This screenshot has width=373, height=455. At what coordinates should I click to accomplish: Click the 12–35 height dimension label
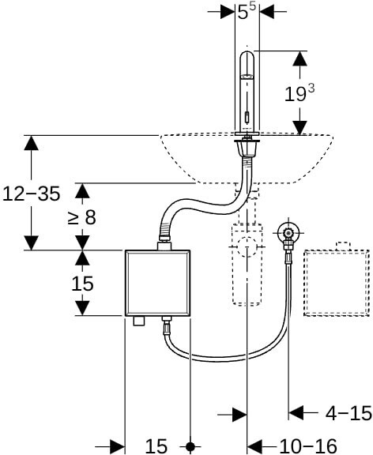(x=32, y=194)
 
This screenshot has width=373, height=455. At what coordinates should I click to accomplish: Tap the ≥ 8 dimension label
(x=82, y=217)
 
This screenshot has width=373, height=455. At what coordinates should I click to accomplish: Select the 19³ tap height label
(x=300, y=93)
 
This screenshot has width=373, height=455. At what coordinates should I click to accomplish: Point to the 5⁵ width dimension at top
(x=247, y=12)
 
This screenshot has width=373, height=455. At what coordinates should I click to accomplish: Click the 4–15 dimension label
(x=349, y=412)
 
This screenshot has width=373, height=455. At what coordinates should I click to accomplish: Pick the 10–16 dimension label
(x=308, y=446)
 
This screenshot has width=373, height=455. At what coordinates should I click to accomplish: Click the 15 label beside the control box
(x=82, y=284)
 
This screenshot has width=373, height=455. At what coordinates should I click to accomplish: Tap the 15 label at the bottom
(x=156, y=446)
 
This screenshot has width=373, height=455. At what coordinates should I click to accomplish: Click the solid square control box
(x=157, y=283)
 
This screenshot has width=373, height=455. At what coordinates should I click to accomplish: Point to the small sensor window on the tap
(x=247, y=117)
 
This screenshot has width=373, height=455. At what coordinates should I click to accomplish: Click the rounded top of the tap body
(x=247, y=56)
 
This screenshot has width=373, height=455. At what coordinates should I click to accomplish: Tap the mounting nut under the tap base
(x=247, y=148)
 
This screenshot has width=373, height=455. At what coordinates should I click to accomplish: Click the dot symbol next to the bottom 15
(x=190, y=446)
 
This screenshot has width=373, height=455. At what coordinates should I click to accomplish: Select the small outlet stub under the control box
(x=139, y=321)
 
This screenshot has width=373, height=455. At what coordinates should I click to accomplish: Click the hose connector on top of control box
(x=164, y=246)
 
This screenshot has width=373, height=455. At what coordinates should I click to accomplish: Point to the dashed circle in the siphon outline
(x=247, y=247)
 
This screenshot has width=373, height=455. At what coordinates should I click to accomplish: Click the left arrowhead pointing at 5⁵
(x=228, y=12)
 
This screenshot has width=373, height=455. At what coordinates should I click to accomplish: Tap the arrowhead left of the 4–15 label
(x=296, y=412)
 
